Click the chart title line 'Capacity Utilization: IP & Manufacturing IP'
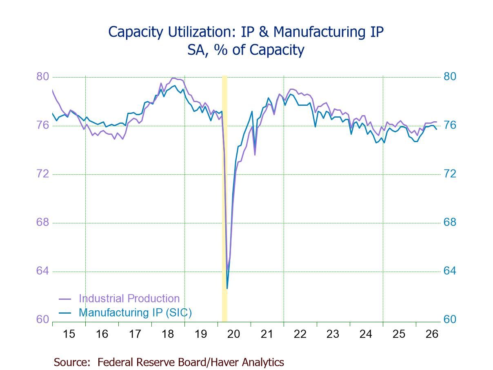tap(246, 32)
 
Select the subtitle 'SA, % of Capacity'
tap(246, 50)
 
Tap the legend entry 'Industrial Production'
tap(129, 299)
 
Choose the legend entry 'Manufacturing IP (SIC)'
tap(135, 312)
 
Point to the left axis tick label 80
tap(42, 77)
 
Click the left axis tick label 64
tap(42, 271)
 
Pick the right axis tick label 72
tap(450, 174)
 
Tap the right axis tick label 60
tap(450, 319)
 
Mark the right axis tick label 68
tap(450, 223)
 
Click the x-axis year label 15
tap(69, 334)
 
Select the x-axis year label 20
tap(233, 334)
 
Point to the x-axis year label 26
tap(432, 334)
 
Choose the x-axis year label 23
tap(333, 334)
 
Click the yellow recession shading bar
tap(224, 198)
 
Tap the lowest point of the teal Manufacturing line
tap(227, 288)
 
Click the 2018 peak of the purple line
tap(173, 78)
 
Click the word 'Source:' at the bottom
tap(72, 362)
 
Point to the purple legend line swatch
tap(65, 299)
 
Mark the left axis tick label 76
tap(42, 125)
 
